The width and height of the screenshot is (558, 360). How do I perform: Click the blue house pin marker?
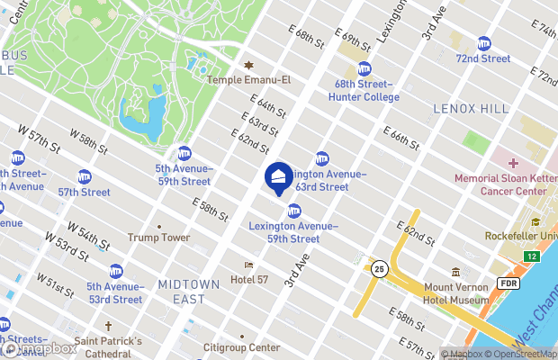279,176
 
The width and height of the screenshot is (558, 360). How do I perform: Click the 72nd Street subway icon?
484,43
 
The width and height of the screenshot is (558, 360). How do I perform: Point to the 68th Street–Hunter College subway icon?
364,68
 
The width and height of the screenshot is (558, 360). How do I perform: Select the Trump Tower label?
158,238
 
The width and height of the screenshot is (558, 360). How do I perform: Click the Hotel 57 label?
249,280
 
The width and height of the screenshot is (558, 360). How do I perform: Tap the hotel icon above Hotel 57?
249,265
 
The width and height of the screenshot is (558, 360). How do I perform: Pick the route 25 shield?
380,268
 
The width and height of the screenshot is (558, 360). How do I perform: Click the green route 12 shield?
533,257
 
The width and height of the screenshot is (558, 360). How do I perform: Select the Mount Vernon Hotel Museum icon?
455,272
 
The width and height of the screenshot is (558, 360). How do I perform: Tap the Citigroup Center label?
240,347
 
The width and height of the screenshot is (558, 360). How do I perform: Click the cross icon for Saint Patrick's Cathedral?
108,326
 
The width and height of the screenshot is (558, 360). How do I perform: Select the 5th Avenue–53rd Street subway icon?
116,271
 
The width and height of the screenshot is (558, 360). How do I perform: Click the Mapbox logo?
40,348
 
